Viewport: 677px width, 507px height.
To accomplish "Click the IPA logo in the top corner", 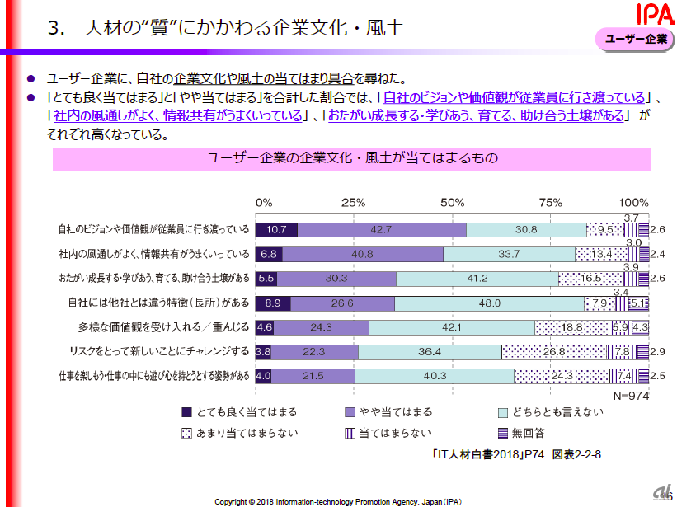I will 651,14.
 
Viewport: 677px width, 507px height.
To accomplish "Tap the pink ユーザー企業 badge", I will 636,39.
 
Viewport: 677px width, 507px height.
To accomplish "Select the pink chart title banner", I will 351,157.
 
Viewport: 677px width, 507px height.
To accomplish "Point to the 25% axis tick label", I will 353,203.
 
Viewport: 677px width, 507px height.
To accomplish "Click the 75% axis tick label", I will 550,203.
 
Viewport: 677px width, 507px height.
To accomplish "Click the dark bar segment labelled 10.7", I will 276,230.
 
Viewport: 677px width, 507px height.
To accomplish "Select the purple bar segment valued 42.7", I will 381,230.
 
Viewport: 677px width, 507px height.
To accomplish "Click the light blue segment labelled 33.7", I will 509,254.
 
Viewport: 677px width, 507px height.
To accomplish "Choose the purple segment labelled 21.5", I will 313,377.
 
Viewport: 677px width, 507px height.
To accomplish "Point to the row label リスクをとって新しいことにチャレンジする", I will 159,352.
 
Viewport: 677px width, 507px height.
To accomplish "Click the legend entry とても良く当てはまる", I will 239,411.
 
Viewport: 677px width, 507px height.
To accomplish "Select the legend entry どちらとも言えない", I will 552,411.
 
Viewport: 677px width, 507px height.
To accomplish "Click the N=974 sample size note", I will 631,395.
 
